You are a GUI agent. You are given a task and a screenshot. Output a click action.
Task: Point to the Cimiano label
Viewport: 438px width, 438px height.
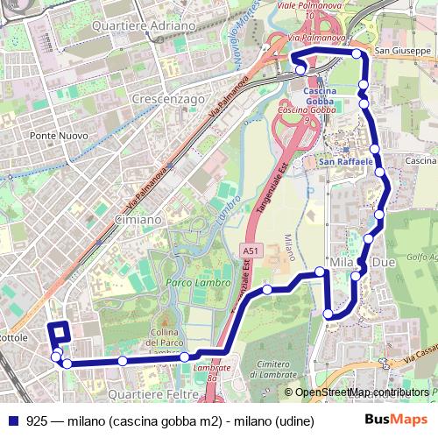pyautogui.click(x=138, y=220)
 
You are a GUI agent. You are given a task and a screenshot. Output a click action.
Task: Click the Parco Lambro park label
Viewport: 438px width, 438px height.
pyautogui.click(x=198, y=283)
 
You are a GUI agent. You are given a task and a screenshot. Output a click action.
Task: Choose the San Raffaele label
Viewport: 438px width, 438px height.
pyautogui.click(x=347, y=162)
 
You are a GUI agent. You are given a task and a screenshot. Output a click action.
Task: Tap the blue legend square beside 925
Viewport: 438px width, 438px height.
pyautogui.click(x=11, y=420)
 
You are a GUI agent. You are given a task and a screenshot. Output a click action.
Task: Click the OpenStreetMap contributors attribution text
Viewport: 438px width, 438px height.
pyautogui.click(x=361, y=392)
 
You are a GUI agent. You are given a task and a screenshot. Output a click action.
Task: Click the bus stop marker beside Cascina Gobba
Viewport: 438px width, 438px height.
pyautogui.click(x=300, y=71)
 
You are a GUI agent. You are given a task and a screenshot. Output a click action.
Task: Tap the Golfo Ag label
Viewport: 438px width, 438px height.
pyautogui.click(x=421, y=257)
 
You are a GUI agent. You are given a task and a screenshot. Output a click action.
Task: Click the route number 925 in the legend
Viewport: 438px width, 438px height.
pyautogui.click(x=37, y=420)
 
